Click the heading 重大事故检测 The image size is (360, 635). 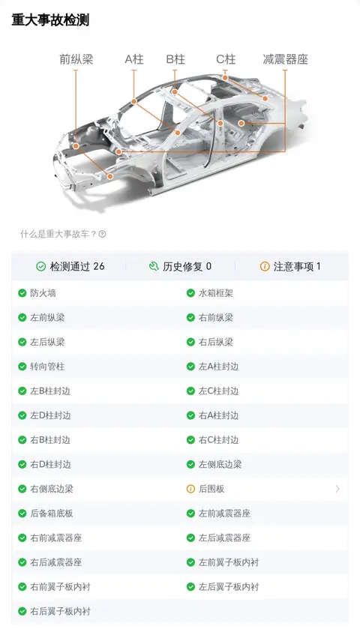[50, 19]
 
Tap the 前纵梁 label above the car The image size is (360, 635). [76, 59]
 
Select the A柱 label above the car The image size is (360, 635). [134, 59]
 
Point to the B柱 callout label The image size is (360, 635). [175, 59]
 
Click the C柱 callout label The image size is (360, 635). [226, 59]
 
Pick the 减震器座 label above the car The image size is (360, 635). [286, 59]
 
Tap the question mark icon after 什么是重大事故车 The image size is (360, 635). [103, 234]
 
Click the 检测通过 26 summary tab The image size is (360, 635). [70, 266]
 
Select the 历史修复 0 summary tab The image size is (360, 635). [180, 266]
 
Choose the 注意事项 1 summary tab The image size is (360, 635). [290, 266]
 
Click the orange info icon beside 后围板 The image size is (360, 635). [190, 489]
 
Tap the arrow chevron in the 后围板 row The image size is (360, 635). [337, 489]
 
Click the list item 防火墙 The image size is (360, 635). [37, 293]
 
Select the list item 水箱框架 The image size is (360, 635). [210, 293]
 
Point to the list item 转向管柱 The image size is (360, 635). [41, 367]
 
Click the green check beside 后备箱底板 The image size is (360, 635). [22, 513]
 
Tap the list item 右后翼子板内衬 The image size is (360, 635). [54, 611]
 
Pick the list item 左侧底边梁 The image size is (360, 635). [214, 464]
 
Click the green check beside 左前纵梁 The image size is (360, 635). [22, 318]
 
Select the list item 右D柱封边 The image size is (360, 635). [44, 464]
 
